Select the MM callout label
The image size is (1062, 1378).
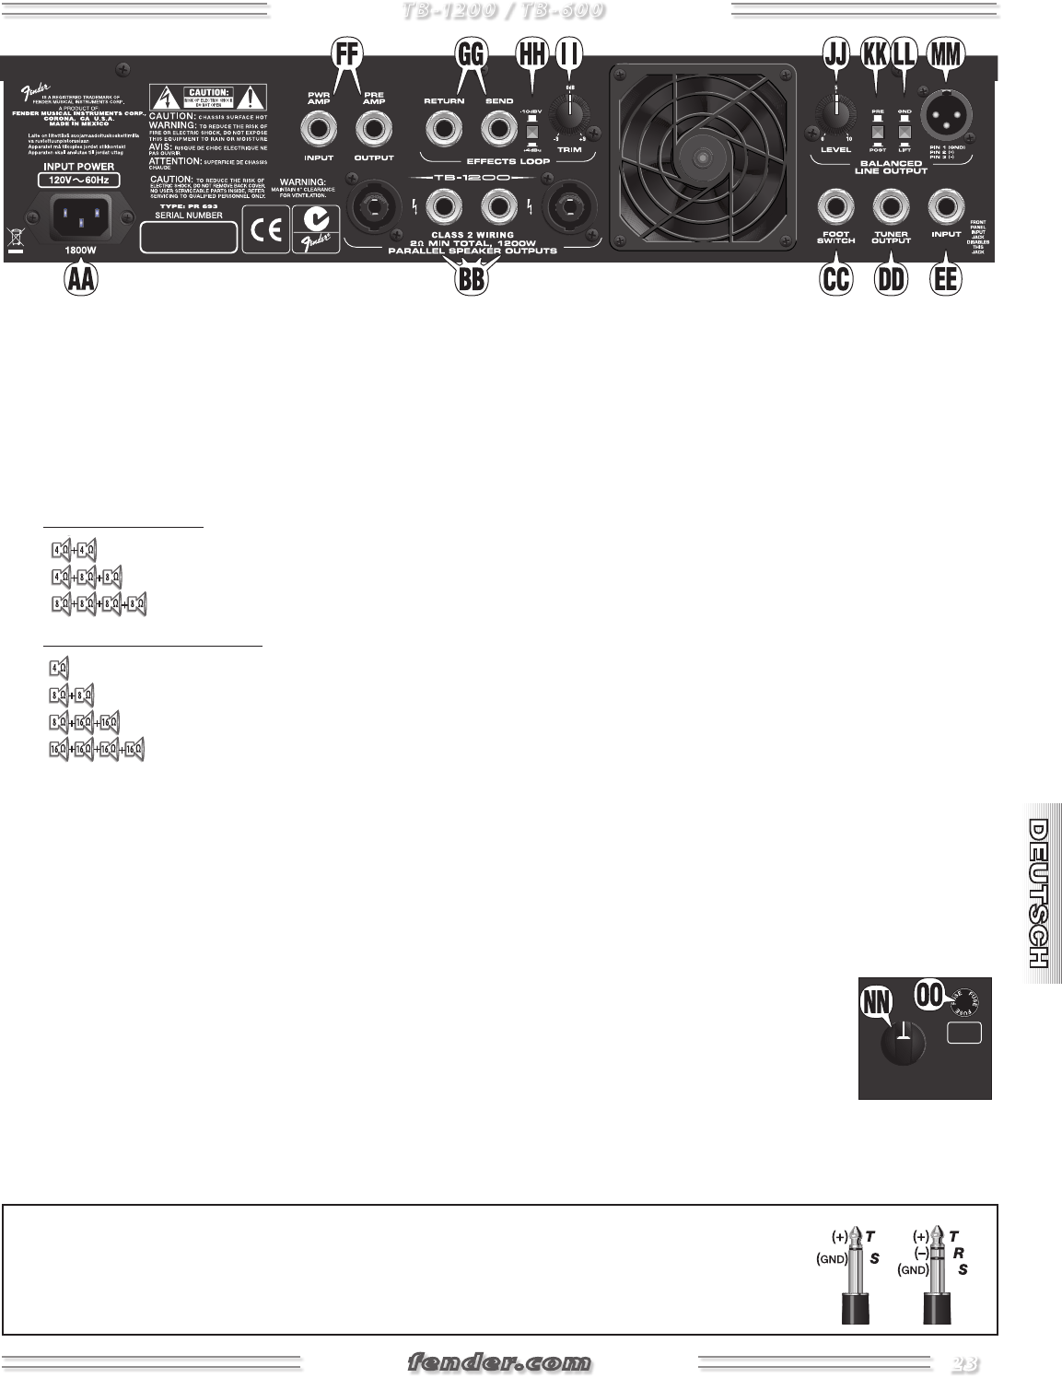pos(945,55)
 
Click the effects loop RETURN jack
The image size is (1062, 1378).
pos(444,128)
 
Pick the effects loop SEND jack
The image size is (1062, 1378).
pos(498,128)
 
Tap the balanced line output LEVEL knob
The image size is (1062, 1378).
pos(835,117)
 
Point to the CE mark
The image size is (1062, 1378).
pos(264,228)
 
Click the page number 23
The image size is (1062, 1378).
pos(964,1361)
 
